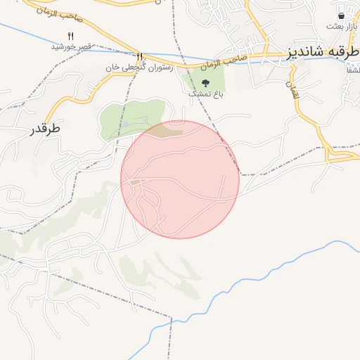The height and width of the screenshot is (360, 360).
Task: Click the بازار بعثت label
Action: [343, 27]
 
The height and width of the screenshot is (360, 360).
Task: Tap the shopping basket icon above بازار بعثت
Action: [342, 15]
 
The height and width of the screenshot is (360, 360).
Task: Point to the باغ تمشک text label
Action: [205, 94]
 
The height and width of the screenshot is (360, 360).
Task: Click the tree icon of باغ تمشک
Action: [205, 82]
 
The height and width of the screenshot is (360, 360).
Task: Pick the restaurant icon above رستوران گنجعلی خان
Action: [140, 56]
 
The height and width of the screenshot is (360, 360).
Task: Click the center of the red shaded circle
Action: [180, 179]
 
